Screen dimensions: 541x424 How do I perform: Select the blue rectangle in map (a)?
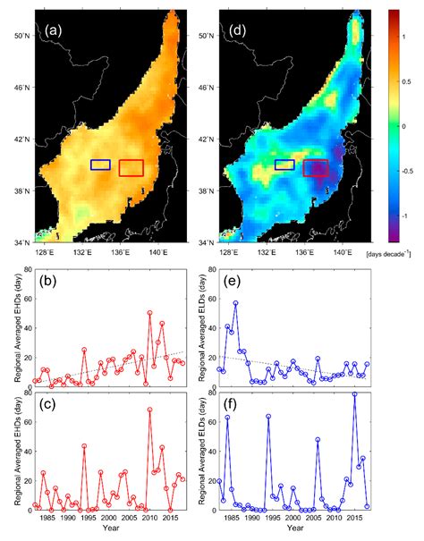click(100, 165)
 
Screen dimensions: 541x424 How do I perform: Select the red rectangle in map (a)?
click(131, 168)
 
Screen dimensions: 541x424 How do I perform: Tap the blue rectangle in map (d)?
click(284, 165)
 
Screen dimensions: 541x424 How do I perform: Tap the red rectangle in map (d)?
click(316, 168)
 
